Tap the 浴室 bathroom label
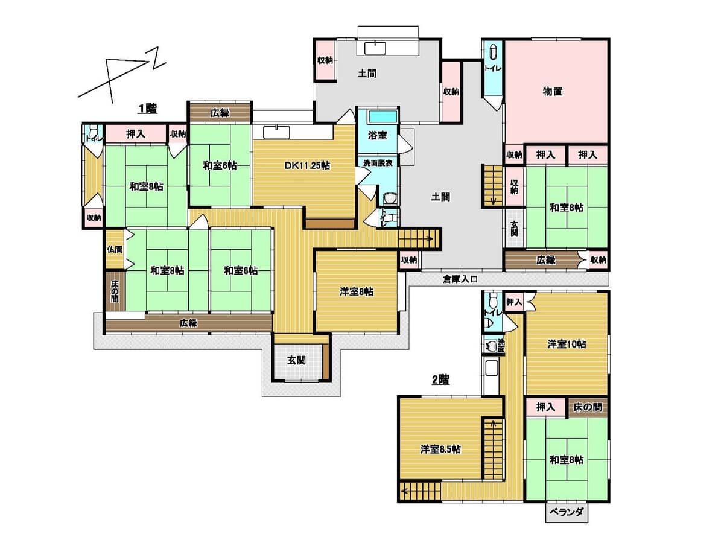377,135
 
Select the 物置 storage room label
553,91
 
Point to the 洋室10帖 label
567,344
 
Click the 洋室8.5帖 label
440,449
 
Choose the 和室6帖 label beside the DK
220,165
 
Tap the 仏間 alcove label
115,249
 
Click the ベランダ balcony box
567,512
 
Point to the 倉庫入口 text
460,279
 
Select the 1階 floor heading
147,108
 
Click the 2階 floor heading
440,380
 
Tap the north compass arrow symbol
122,74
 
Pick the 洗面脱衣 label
378,163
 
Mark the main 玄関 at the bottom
296,360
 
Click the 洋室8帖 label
356,291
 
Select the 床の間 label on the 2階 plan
587,407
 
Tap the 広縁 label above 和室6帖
220,113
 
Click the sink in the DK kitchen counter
276,133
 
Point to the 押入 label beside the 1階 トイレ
136,134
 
